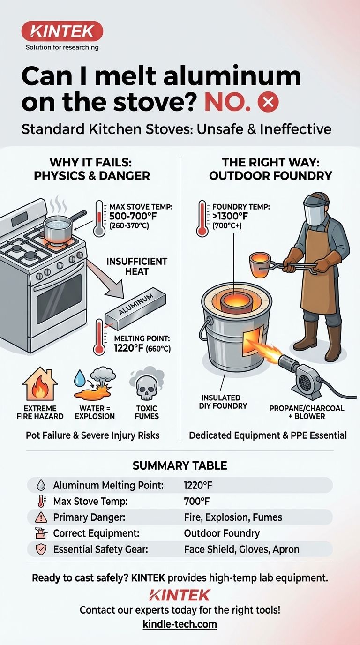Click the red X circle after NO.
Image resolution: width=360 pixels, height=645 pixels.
click(x=268, y=102)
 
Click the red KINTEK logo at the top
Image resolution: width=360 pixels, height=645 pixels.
click(x=62, y=31)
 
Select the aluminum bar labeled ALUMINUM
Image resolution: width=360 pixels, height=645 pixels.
click(x=135, y=309)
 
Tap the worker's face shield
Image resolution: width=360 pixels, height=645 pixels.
click(x=316, y=210)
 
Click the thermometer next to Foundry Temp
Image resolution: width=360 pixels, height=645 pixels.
click(x=202, y=218)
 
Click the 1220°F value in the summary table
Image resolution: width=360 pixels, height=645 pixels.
click(x=198, y=485)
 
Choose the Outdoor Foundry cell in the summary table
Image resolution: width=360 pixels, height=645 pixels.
click(x=222, y=533)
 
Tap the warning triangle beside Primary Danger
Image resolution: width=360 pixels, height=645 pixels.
click(x=41, y=517)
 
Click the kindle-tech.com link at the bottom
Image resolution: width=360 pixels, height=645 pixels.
click(x=180, y=624)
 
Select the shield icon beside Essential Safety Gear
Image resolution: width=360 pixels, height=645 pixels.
click(x=41, y=549)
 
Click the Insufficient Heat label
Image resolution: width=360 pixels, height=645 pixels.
click(x=137, y=266)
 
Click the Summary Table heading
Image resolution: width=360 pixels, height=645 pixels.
click(x=180, y=465)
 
